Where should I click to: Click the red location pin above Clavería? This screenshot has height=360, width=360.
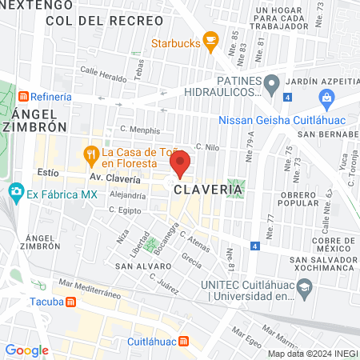tap(180, 162)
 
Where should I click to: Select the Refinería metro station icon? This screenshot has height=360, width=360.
tap(24, 97)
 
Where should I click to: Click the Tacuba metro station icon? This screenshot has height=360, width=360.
tap(70, 302)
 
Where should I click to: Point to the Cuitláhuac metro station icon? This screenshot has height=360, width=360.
tap(184, 342)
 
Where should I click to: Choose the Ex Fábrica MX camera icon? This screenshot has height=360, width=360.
tap(15, 193)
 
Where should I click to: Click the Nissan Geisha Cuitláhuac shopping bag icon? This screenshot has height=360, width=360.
tap(326, 99)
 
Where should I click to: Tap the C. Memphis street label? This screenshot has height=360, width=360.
tap(140, 130)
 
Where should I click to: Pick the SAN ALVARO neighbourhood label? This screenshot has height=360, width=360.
tap(138, 264)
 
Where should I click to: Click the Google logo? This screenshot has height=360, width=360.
tap(27, 350)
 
